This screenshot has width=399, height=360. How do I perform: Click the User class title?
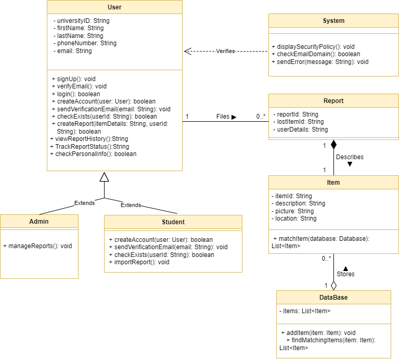[x=114, y=7]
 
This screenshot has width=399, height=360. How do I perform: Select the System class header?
[x=333, y=21]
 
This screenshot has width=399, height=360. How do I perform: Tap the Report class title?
[x=333, y=101]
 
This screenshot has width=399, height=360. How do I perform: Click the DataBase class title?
[x=333, y=298]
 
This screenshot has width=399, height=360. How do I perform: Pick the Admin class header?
[x=39, y=222]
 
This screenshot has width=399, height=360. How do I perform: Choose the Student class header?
[x=173, y=222]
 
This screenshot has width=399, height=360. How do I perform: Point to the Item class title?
[x=333, y=183]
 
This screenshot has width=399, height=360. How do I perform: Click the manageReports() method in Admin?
[x=37, y=246]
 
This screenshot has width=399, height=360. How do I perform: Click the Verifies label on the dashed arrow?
[x=225, y=51]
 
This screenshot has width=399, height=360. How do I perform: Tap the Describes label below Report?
[x=350, y=157]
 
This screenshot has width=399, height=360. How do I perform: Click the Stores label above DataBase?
[x=346, y=274]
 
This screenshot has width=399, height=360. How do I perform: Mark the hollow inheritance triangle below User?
[x=104, y=177]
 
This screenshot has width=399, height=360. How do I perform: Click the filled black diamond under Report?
[x=333, y=145]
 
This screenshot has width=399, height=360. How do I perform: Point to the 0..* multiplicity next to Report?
[x=261, y=117]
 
